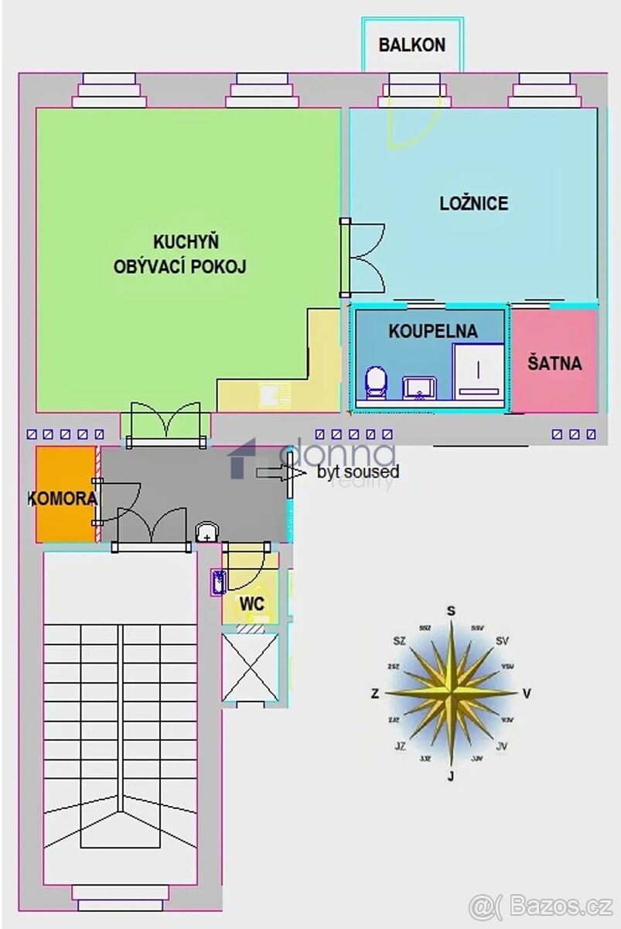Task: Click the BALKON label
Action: [x=411, y=45]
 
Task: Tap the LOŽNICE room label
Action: [x=473, y=204]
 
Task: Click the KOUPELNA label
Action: [x=432, y=331]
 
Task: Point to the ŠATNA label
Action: [x=554, y=362]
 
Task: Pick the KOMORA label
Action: [x=63, y=499]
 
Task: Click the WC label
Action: [x=252, y=603]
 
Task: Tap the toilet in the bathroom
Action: [x=376, y=382]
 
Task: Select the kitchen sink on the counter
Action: [x=273, y=396]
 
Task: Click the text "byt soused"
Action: [x=358, y=471]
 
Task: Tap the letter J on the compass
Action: [x=450, y=776]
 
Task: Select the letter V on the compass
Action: [x=527, y=694]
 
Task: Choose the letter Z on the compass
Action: [x=375, y=694]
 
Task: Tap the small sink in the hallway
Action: [x=207, y=533]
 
